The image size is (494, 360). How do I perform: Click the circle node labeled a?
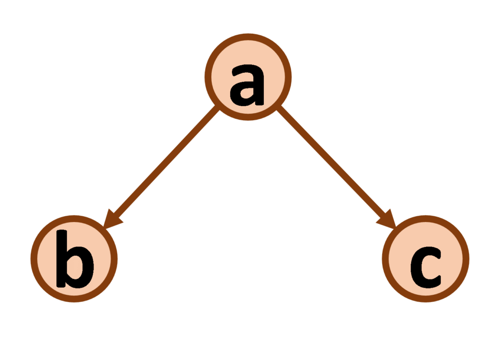(x=248, y=77)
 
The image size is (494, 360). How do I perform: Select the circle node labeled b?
(x=74, y=259)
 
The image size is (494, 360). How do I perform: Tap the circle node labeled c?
(x=425, y=259)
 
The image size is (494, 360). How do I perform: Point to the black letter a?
(x=247, y=85)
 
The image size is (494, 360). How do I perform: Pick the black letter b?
(x=75, y=259)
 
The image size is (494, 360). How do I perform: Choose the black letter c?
(x=425, y=267)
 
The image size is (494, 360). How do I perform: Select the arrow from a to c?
(x=336, y=166)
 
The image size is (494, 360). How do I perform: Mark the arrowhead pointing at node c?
(x=387, y=219)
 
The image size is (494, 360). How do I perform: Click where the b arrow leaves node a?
(x=218, y=108)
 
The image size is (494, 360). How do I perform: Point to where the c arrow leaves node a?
(x=278, y=108)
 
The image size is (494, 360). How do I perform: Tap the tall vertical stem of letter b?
(x=62, y=259)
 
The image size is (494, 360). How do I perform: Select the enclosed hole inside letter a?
(x=247, y=93)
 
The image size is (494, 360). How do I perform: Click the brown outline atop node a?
(x=248, y=37)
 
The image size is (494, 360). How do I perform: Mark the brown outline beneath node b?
(x=74, y=299)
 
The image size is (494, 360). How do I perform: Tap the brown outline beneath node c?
(x=425, y=299)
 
